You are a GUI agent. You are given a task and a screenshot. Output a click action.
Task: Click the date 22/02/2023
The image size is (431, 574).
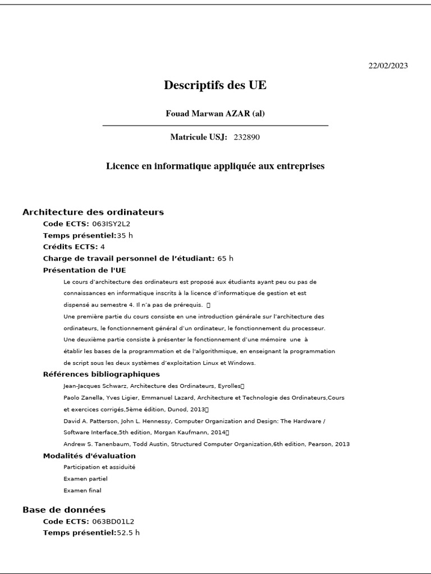click(388, 66)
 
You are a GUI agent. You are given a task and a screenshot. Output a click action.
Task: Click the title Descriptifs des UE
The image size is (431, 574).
click(215, 85)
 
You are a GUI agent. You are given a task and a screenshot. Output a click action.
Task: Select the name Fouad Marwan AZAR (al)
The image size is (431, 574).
click(215, 114)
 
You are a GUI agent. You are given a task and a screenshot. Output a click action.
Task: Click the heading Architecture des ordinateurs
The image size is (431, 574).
click(93, 212)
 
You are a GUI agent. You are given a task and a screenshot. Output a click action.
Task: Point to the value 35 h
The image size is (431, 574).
click(125, 235)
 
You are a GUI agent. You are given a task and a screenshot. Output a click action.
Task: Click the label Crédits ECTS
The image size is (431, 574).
click(70, 247)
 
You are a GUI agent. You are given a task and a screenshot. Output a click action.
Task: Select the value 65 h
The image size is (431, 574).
click(225, 258)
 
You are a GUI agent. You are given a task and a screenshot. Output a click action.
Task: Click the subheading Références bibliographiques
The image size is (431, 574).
click(101, 374)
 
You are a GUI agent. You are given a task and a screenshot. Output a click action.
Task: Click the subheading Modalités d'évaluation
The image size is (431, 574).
click(89, 456)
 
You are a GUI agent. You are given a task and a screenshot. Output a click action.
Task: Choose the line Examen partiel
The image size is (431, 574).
click(85, 479)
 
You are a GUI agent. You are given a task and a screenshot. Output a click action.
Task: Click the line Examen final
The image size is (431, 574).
click(82, 490)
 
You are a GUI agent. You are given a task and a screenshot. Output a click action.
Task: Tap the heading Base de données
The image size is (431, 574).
click(64, 510)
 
